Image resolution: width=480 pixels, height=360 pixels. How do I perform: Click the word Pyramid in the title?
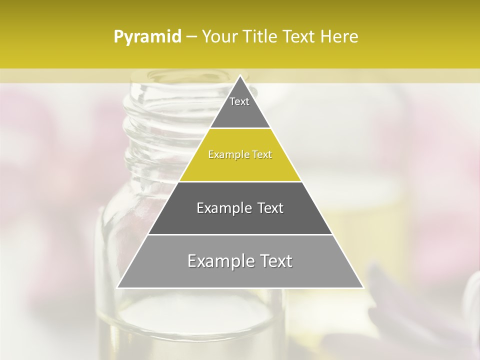pos(147,37)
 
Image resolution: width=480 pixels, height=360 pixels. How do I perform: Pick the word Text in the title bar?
pos(300,37)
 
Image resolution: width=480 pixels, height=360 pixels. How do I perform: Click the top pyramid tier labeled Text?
pos(239,107)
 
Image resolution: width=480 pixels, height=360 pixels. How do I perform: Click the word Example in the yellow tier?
pos(227,155)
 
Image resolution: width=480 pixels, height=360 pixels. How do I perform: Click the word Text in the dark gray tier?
pos(270,208)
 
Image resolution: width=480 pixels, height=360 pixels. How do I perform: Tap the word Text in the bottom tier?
pos(275,261)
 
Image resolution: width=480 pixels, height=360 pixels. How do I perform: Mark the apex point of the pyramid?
pos(240,75)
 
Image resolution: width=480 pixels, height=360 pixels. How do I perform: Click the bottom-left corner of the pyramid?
pos(117,287)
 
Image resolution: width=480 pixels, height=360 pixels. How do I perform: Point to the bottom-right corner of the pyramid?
pos(363,287)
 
